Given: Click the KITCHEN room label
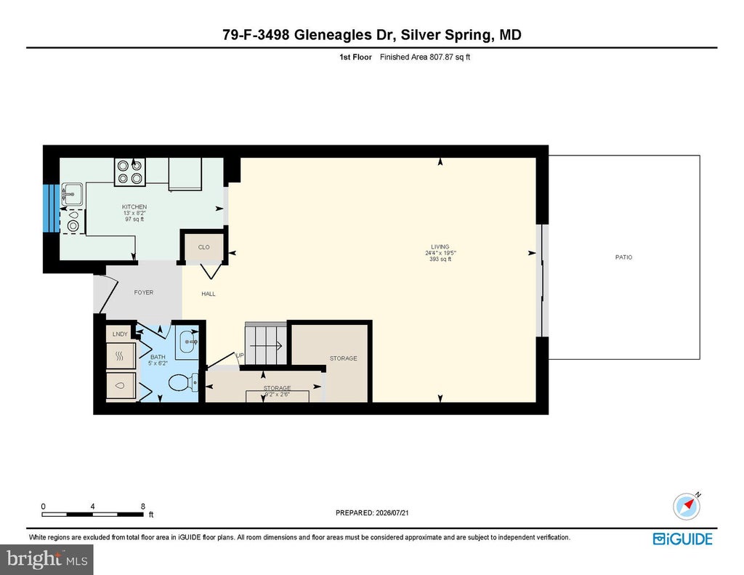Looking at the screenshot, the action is [x=134, y=207].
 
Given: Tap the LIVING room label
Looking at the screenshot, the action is [x=440, y=247].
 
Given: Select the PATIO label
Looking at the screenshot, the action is [x=623, y=257].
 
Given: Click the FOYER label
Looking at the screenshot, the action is [x=144, y=292].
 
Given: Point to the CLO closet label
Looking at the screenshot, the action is [x=203, y=247].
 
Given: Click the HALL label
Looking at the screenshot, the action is [x=209, y=294].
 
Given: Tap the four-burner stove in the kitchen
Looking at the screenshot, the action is [x=130, y=172].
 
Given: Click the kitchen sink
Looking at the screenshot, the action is [x=72, y=193].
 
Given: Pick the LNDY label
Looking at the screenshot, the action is [x=120, y=334].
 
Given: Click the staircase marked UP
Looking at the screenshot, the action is [x=266, y=344].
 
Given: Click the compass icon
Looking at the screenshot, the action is [x=687, y=506].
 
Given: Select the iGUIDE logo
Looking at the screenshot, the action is [x=683, y=539].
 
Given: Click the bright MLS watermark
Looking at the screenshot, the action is [x=46, y=559].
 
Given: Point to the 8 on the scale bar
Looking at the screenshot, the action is [x=143, y=507].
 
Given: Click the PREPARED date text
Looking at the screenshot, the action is [x=372, y=512].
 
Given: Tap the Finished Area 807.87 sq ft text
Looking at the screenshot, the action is [x=424, y=57].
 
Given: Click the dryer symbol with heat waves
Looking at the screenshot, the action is [x=121, y=355].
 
